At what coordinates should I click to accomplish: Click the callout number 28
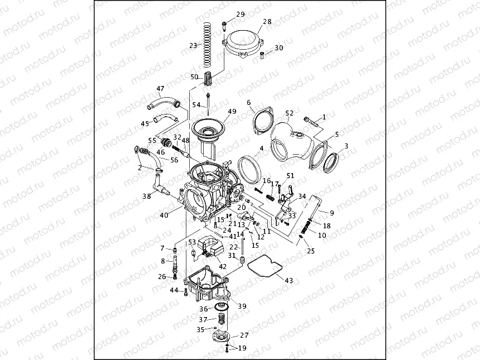[x=267, y=22]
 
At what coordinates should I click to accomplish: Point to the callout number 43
[x=289, y=280]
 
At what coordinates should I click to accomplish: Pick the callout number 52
[x=289, y=113]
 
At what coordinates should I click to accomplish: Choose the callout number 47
[x=160, y=88]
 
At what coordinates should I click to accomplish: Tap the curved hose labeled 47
[x=163, y=102]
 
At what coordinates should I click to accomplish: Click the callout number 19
[x=242, y=348]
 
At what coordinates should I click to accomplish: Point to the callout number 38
[x=146, y=196]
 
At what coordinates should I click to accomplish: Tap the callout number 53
[x=192, y=242]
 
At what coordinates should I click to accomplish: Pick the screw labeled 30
[x=262, y=54]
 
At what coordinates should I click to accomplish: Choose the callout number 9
[x=332, y=213]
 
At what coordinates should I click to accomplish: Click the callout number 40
[x=164, y=215]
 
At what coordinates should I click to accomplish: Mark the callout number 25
[x=311, y=251]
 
